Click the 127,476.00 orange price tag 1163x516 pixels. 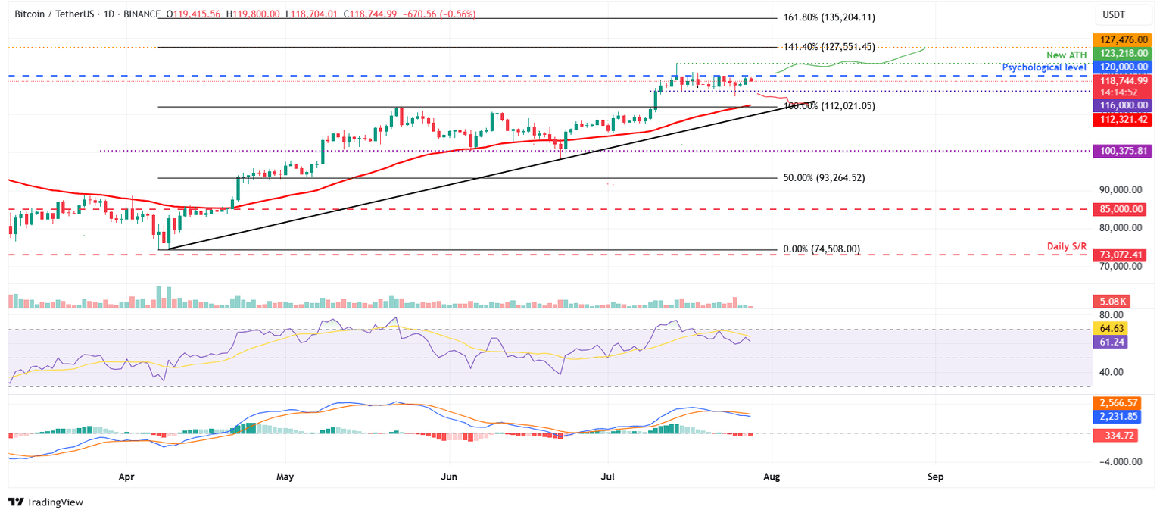coord(1119,39)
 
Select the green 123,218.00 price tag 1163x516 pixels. coord(1119,53)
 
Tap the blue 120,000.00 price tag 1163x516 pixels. coord(1119,67)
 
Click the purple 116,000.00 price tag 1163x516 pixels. coord(1119,107)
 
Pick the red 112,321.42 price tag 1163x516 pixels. coord(1119,120)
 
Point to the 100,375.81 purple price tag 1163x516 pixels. coord(1119,152)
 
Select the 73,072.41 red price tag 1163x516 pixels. coord(1119,255)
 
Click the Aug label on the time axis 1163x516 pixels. coord(772,478)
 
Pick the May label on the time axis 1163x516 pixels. coord(285,478)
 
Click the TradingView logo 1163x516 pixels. coord(46,502)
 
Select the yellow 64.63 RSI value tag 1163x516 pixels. coord(1111,328)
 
